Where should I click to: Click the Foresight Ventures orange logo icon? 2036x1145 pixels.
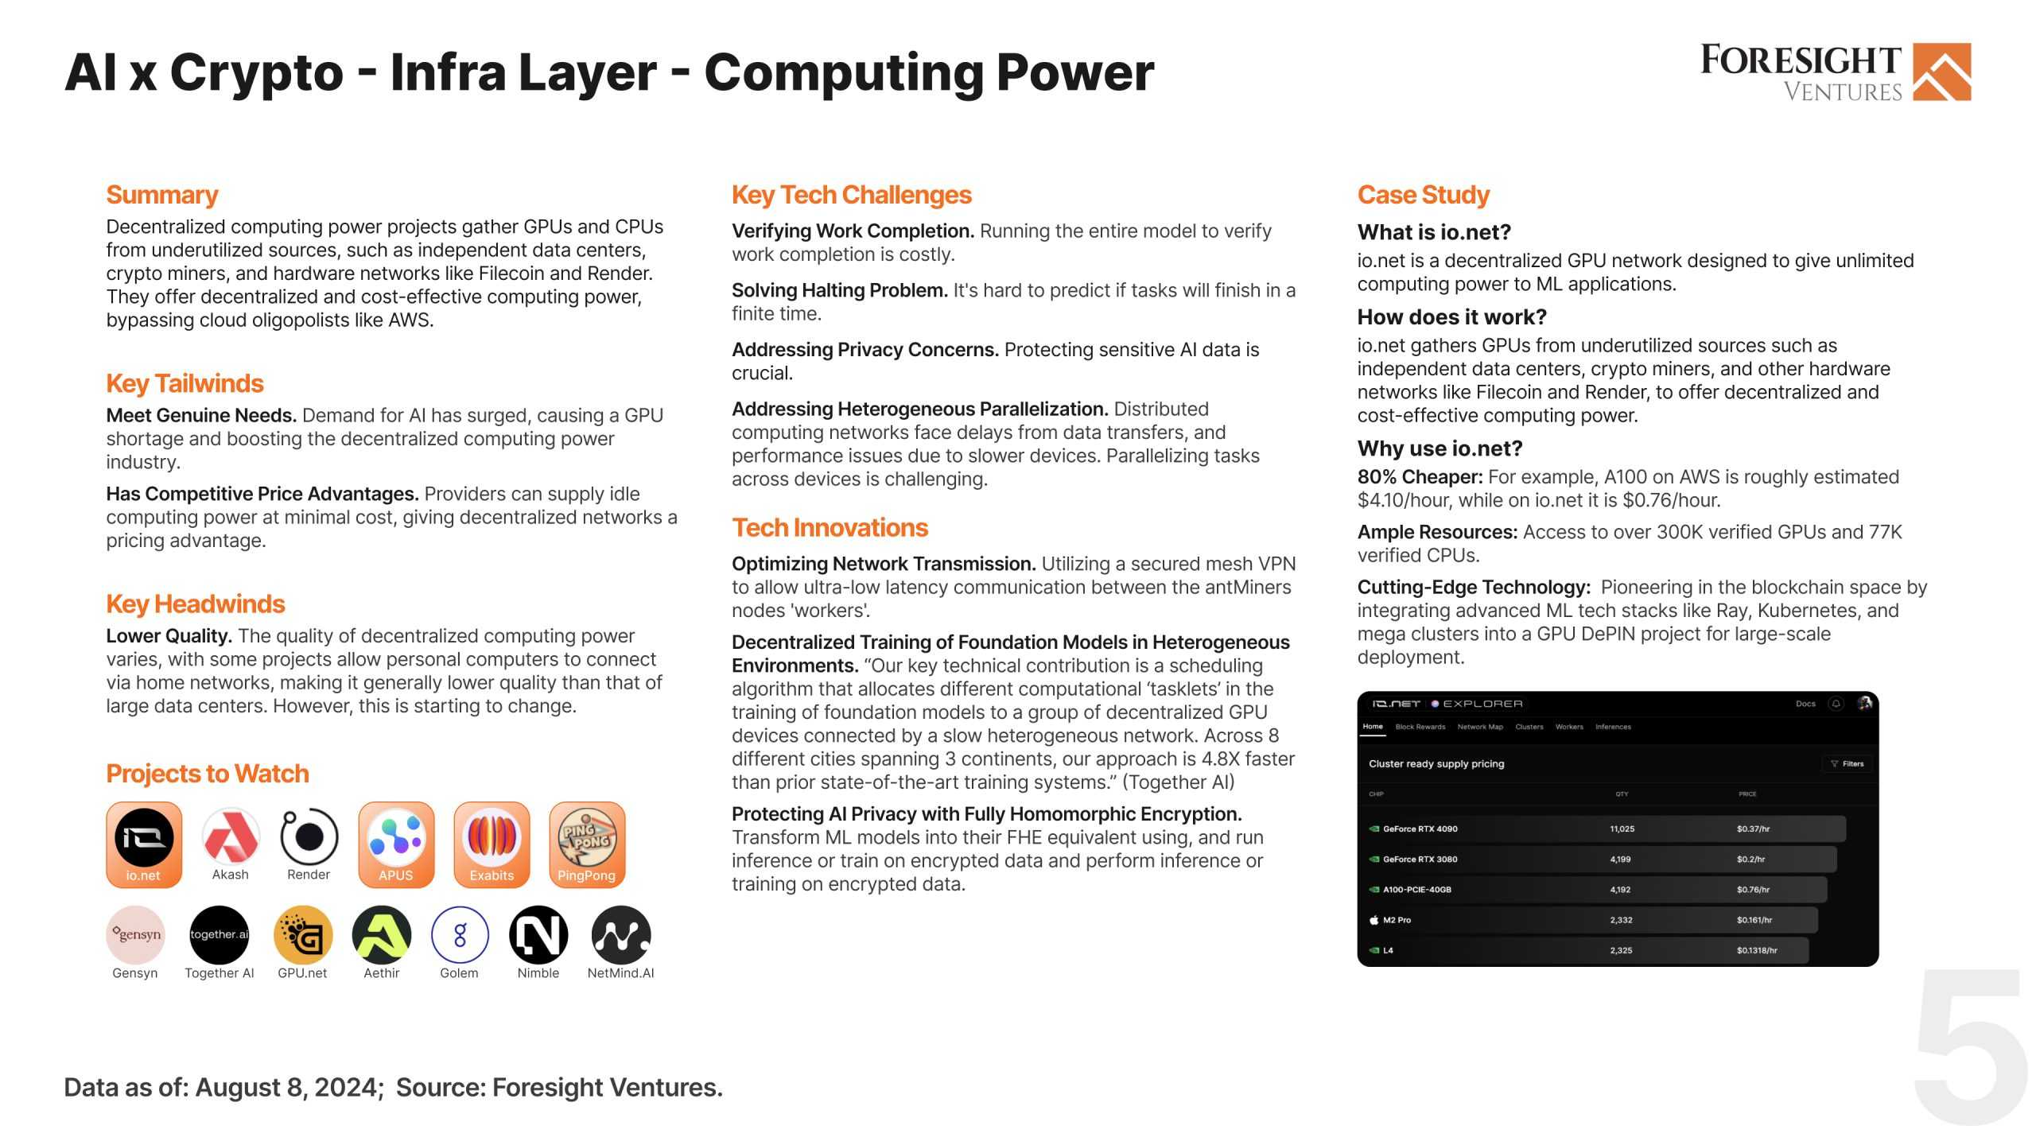1941,72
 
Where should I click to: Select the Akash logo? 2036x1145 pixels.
231,836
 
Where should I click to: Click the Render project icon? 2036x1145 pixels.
309,836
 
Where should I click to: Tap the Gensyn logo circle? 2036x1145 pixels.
135,934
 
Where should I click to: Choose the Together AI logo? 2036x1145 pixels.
219,934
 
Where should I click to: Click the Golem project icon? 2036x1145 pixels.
460,934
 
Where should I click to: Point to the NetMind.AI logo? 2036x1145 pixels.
621,934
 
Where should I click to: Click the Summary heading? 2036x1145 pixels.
161,195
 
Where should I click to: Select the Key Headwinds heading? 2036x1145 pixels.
195,604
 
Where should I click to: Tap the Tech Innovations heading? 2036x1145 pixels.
830,528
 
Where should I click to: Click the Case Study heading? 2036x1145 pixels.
1423,195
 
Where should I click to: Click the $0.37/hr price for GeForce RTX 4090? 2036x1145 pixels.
1753,829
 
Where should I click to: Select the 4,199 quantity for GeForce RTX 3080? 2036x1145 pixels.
1620,859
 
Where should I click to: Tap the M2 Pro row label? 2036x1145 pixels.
1397,920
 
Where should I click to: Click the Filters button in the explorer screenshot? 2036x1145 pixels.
1847,763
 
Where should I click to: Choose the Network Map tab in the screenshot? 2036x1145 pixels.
1480,727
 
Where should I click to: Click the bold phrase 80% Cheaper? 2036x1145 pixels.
1420,477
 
